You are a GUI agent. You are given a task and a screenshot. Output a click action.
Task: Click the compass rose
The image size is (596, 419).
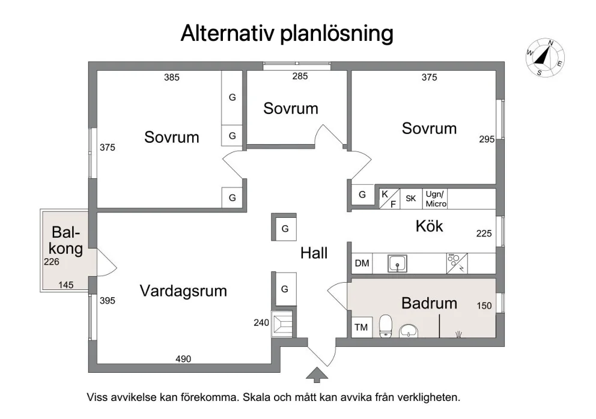click(545, 58)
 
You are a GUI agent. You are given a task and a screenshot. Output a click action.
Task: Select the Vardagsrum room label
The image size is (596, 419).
click(183, 291)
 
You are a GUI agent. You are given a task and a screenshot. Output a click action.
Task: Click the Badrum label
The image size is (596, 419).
click(429, 303)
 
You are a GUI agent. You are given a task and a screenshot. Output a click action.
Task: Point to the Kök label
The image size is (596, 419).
click(429, 226)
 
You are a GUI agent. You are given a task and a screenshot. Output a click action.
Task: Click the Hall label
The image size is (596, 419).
click(314, 253)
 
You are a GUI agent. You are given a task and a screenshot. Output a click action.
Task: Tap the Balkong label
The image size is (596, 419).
click(66, 240)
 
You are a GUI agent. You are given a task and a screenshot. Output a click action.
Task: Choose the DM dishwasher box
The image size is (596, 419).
click(362, 264)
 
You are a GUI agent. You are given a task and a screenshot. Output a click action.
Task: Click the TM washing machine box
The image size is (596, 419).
click(361, 327)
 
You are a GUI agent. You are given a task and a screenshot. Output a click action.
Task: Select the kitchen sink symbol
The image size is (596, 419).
click(398, 264)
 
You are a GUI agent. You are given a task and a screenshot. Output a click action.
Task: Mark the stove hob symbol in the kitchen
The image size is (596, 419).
click(457, 264)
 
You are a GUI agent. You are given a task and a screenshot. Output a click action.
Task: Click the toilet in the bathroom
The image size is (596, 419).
click(386, 326)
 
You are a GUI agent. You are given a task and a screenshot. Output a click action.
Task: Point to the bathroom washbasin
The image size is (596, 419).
click(409, 331)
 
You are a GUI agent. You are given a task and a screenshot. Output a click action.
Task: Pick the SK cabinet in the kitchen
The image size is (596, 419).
click(411, 198)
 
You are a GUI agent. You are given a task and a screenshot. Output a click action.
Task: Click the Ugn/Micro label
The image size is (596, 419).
click(436, 199)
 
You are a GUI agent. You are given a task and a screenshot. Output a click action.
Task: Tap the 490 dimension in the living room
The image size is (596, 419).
click(183, 358)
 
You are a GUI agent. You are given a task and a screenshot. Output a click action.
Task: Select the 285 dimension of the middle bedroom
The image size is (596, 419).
click(300, 76)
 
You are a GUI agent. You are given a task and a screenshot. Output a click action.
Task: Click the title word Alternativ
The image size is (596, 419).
click(227, 33)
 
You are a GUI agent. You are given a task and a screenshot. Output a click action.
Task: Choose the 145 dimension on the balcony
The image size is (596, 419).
click(65, 285)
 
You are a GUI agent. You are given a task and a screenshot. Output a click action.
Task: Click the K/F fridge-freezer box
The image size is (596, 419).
click(389, 198)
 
